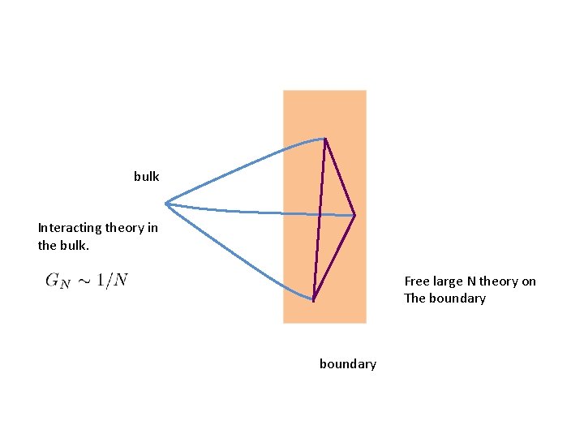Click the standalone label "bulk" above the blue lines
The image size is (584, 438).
147,176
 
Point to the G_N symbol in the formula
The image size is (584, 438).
58,281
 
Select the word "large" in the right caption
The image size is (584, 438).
448,281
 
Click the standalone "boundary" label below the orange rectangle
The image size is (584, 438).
347,364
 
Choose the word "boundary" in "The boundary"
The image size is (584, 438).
458,298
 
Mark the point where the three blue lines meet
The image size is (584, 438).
166,203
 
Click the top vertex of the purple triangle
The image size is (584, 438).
325,140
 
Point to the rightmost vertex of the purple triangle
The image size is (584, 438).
354,216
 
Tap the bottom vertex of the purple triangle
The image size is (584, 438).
313,299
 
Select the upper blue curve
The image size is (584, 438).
243,166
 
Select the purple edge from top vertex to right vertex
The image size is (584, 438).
340,178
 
